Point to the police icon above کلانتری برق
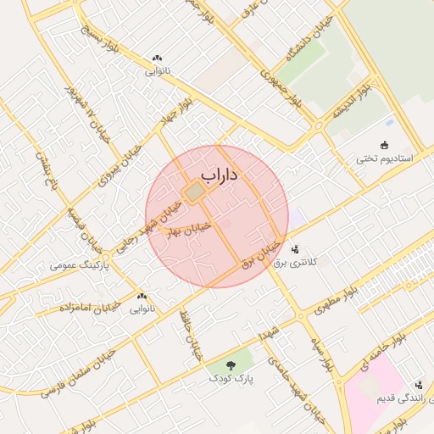click(x=295, y=249)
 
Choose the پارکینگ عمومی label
click(x=75, y=265)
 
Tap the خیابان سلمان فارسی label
click(x=78, y=373)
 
